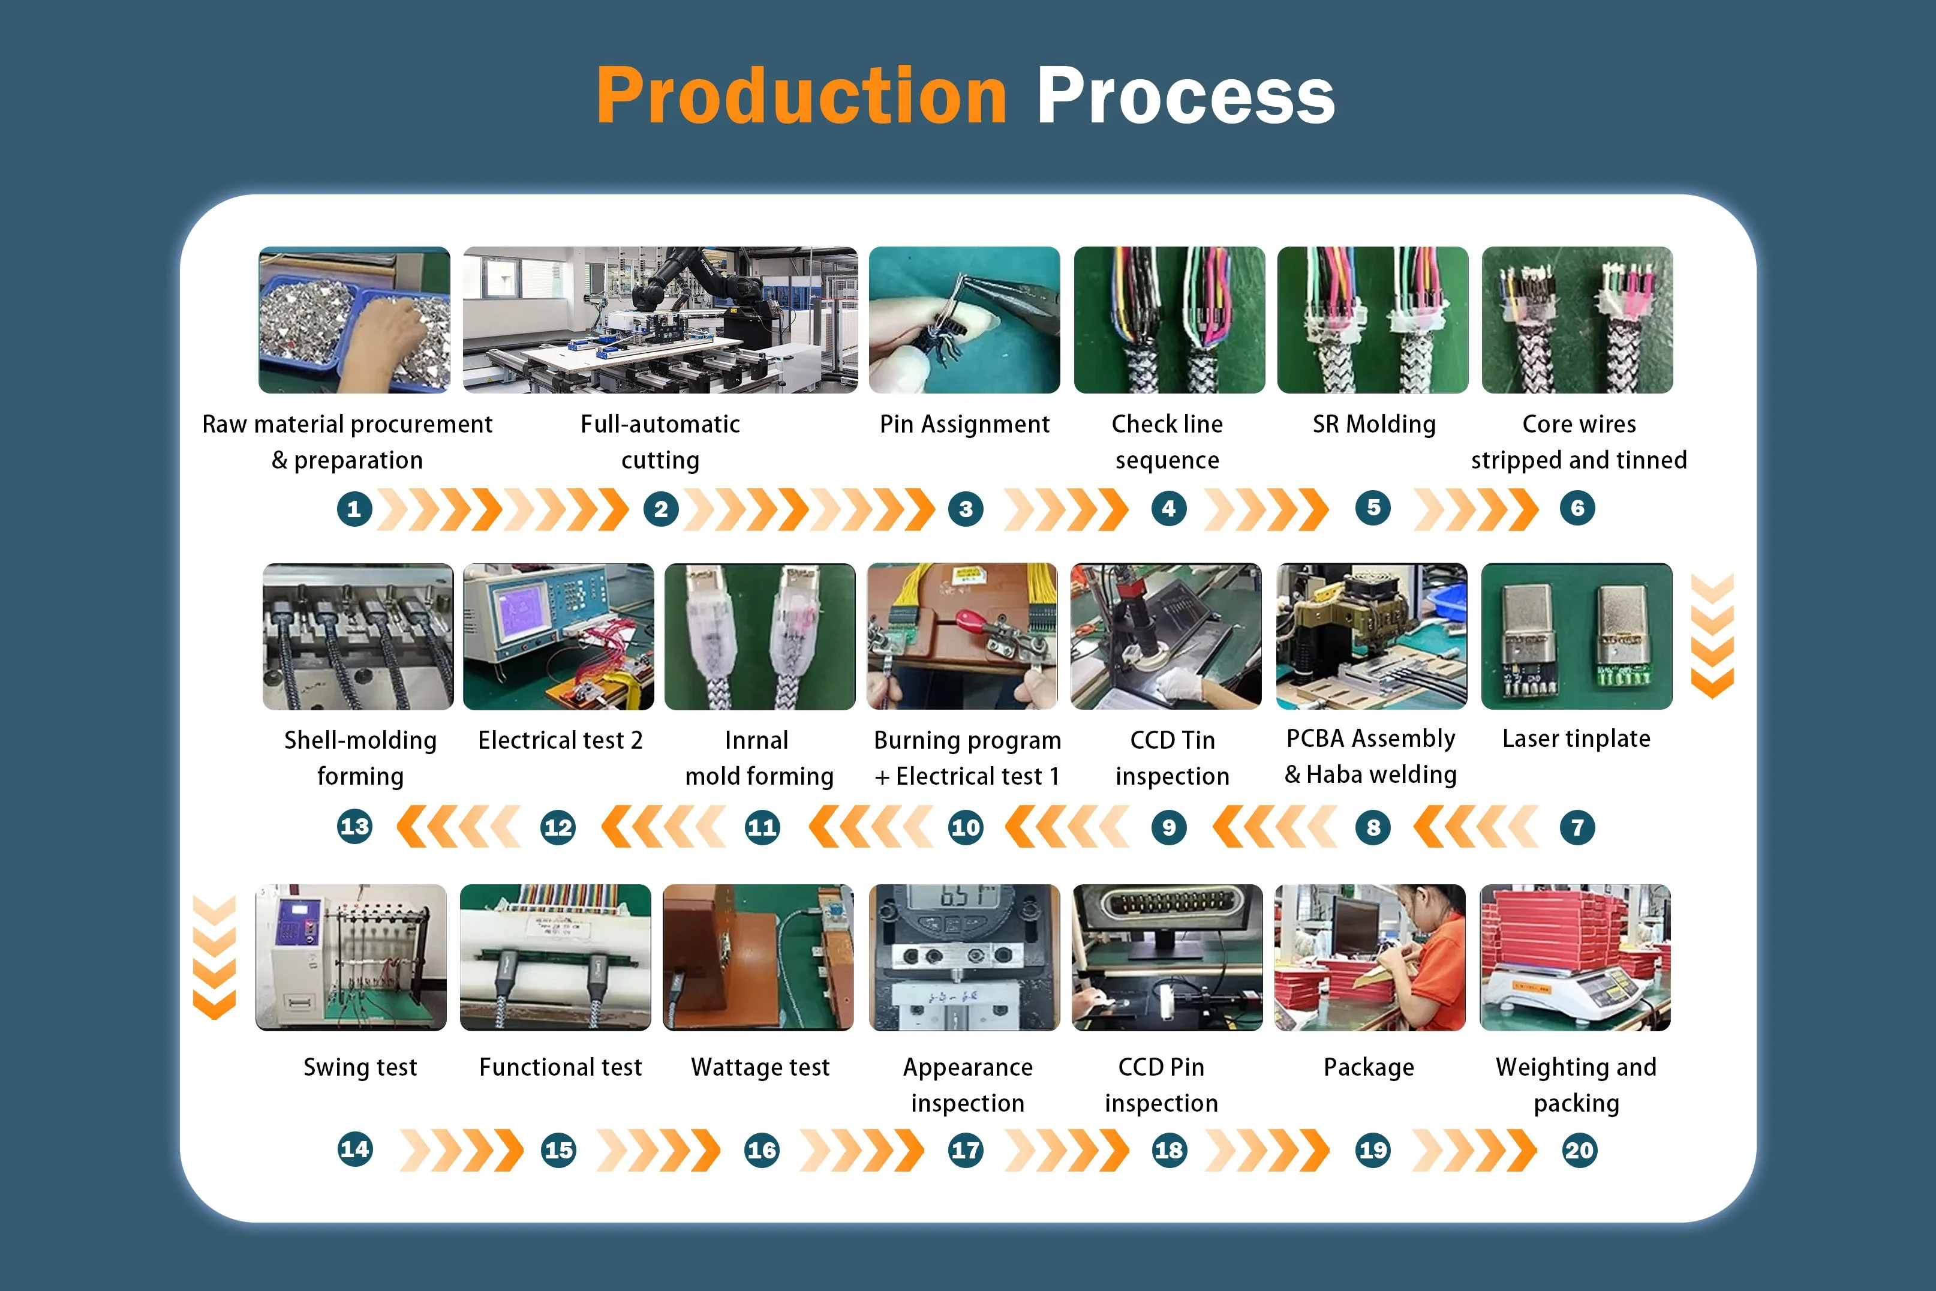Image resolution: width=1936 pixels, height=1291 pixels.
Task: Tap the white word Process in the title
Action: click(x=1185, y=97)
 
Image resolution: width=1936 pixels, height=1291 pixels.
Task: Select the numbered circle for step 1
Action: click(x=354, y=509)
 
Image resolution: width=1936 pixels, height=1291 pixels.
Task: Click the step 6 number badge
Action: click(x=1577, y=508)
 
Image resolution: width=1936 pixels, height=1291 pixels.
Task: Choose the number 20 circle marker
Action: click(x=1579, y=1149)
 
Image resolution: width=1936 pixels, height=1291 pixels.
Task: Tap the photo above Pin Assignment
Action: click(x=964, y=320)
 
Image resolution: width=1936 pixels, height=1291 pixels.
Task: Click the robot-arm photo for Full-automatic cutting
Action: click(x=660, y=320)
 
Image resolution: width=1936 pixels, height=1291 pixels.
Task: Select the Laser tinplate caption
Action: click(x=1576, y=738)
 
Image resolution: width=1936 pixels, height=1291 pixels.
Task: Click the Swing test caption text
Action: click(x=360, y=1067)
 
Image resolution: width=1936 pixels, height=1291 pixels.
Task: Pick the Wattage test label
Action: click(x=760, y=1067)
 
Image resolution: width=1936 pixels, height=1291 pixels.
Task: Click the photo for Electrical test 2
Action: click(x=558, y=637)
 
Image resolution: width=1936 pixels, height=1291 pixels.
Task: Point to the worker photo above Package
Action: click(x=1370, y=957)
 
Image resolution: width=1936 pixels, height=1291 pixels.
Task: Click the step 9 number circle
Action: click(x=1169, y=827)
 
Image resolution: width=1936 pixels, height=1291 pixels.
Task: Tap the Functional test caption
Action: click(x=560, y=1067)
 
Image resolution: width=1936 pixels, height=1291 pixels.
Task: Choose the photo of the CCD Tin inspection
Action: click(x=1165, y=637)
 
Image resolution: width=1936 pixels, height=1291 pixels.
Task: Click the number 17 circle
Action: click(x=965, y=1149)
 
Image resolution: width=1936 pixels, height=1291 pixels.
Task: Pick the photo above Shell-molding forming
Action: click(x=358, y=637)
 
